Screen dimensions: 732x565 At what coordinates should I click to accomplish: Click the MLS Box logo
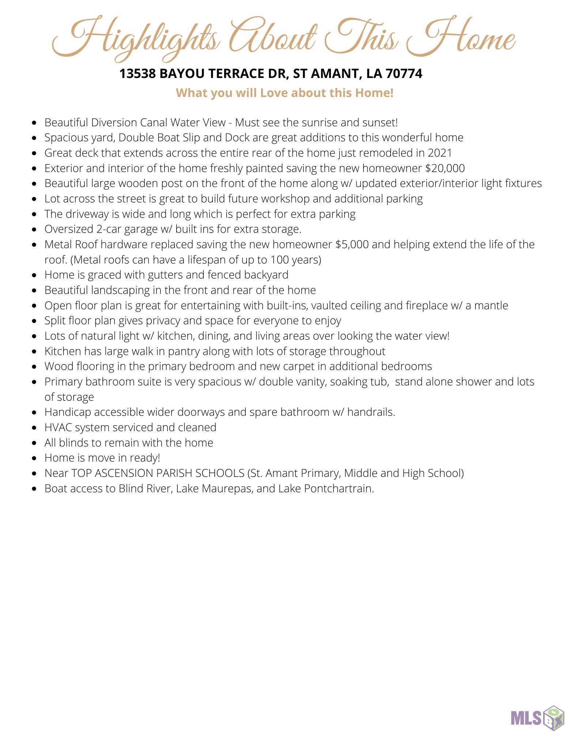click(537, 715)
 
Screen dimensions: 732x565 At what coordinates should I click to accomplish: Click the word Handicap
click(68, 412)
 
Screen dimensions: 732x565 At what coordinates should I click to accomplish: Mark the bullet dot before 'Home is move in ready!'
click(34, 458)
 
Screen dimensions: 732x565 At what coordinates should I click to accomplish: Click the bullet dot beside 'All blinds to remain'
click(34, 443)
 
